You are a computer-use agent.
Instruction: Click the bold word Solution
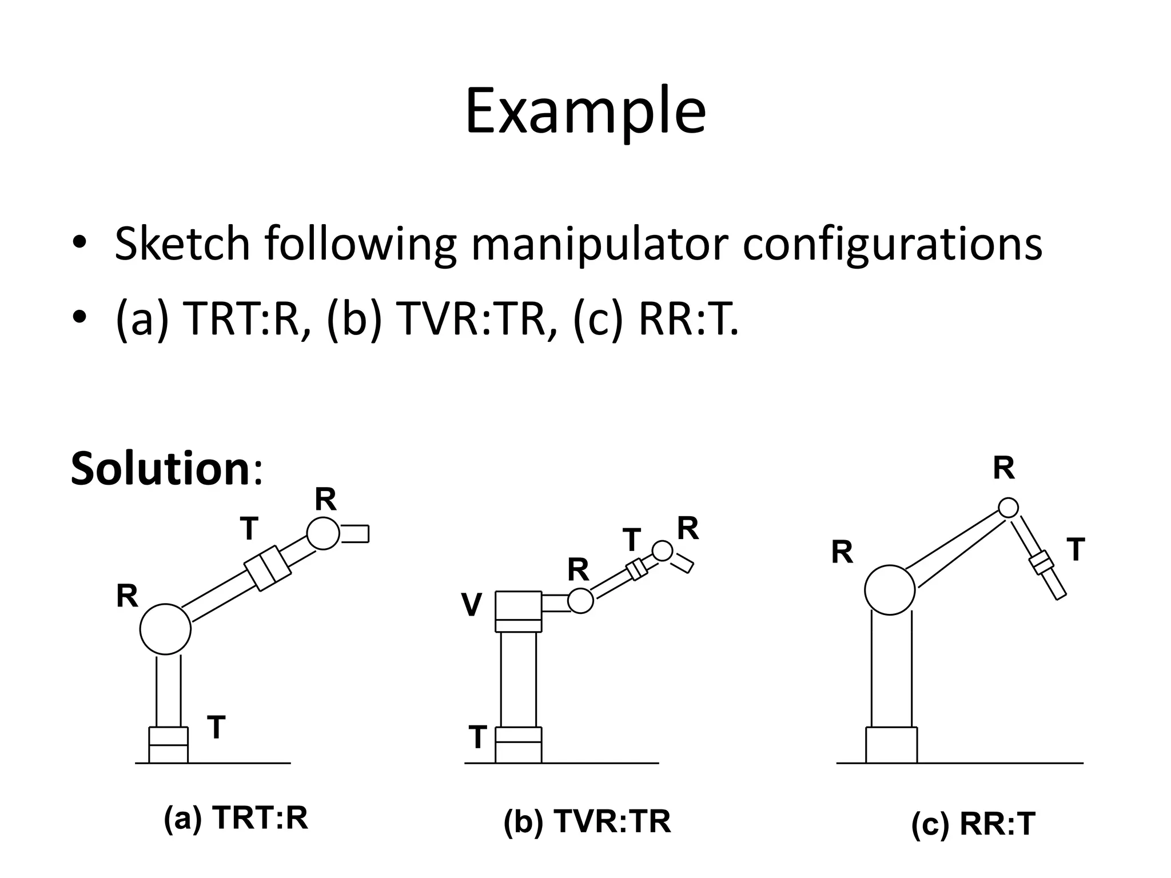[160, 469]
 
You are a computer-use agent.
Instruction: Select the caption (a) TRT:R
[236, 818]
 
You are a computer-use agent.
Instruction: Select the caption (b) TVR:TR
[587, 822]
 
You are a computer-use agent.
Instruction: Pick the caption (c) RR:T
[973, 824]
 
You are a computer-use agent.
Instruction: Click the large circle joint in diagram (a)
[165, 629]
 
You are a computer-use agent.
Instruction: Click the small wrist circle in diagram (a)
[323, 533]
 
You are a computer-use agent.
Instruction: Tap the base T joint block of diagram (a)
[168, 745]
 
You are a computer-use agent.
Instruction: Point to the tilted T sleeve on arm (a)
[268, 568]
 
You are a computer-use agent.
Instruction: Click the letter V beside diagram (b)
[472, 605]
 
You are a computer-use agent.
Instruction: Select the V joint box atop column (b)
[518, 611]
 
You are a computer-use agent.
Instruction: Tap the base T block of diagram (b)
[518, 744]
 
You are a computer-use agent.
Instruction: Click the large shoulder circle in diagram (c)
[890, 590]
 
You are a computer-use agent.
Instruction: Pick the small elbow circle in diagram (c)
[1008, 507]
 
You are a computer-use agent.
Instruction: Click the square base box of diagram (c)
[891, 745]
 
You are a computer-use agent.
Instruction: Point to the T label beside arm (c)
[1076, 550]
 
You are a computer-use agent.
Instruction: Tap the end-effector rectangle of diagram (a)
[355, 533]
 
